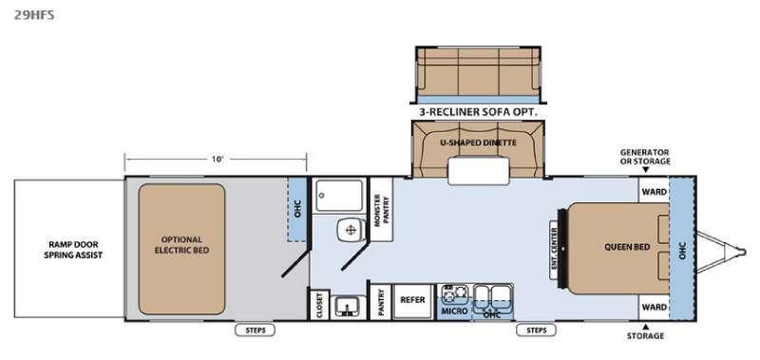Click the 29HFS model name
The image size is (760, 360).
pos(34,15)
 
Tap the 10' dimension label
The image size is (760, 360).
pos(218,159)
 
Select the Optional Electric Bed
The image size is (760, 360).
pos(181,249)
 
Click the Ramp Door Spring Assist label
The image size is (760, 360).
pos(74,250)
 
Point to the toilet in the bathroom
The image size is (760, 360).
pos(350,230)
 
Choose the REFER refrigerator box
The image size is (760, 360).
pos(412,301)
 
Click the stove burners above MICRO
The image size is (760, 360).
pos(454,294)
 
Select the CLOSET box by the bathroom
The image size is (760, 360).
pos(319,305)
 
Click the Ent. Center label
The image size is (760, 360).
pos(555,250)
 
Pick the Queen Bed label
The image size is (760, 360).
pos(626,247)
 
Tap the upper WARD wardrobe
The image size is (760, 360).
pos(654,191)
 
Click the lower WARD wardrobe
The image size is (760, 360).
pos(654,307)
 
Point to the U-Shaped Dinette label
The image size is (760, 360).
pos(479,142)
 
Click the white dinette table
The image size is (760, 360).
pos(479,171)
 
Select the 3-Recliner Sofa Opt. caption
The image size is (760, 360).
pos(479,112)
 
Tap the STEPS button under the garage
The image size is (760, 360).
pos(255,330)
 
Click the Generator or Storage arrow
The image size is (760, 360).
pos(646,170)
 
